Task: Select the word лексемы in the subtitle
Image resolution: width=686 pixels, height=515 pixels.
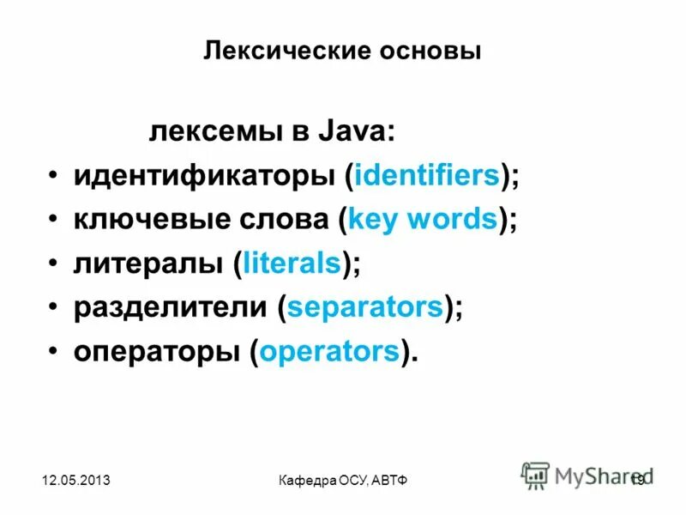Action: [215, 132]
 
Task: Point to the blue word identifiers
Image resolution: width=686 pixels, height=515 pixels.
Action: [427, 176]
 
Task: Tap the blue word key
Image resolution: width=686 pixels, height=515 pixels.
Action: [375, 221]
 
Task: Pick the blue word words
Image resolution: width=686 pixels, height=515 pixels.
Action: [453, 221]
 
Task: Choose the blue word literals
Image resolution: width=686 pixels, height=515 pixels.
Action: [292, 264]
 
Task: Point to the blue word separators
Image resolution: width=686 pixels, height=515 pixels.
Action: [365, 308]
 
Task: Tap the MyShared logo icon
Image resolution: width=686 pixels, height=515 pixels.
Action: [536, 475]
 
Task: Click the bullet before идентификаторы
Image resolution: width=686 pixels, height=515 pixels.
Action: [54, 176]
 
